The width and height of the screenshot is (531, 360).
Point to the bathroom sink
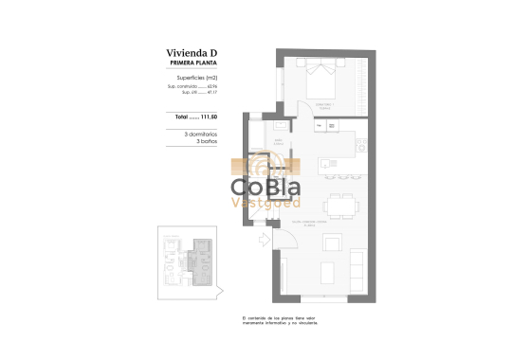pyautogui.click(x=281, y=126)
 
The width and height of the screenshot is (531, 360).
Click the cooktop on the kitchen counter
pyautogui.click(x=361, y=144)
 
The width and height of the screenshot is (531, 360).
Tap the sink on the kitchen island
pyautogui.click(x=328, y=163)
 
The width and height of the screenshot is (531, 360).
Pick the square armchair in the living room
pyautogui.click(x=333, y=243)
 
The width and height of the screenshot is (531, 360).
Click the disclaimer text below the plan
pyautogui.click(x=281, y=322)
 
